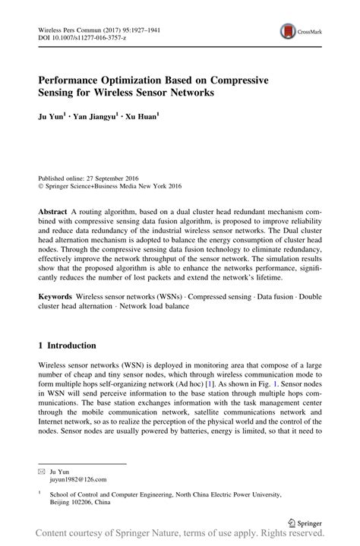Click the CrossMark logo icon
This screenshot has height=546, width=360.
tap(289, 31)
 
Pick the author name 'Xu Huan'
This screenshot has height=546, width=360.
tap(141, 118)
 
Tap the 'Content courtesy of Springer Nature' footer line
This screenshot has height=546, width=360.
tap(179, 537)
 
